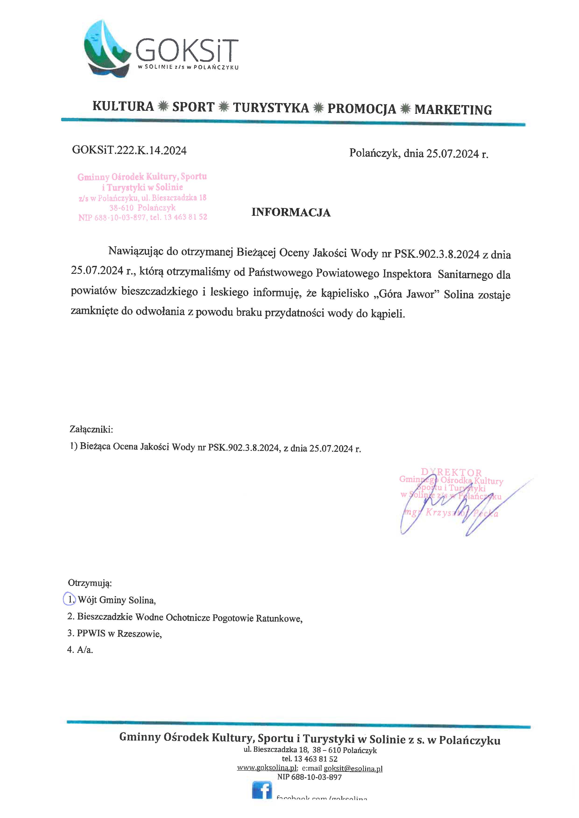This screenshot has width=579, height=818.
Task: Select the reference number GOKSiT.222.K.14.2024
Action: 129,150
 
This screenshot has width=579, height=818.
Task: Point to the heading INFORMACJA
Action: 291,212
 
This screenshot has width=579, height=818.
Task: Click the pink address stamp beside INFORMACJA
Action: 142,197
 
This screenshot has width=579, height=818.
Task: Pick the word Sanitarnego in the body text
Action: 460,275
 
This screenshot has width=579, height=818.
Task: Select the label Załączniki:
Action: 91,429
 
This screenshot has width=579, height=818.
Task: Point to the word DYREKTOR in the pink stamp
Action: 451,473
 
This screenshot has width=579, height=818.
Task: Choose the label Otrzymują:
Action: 90,583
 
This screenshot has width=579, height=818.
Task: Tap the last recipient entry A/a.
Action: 85,650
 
